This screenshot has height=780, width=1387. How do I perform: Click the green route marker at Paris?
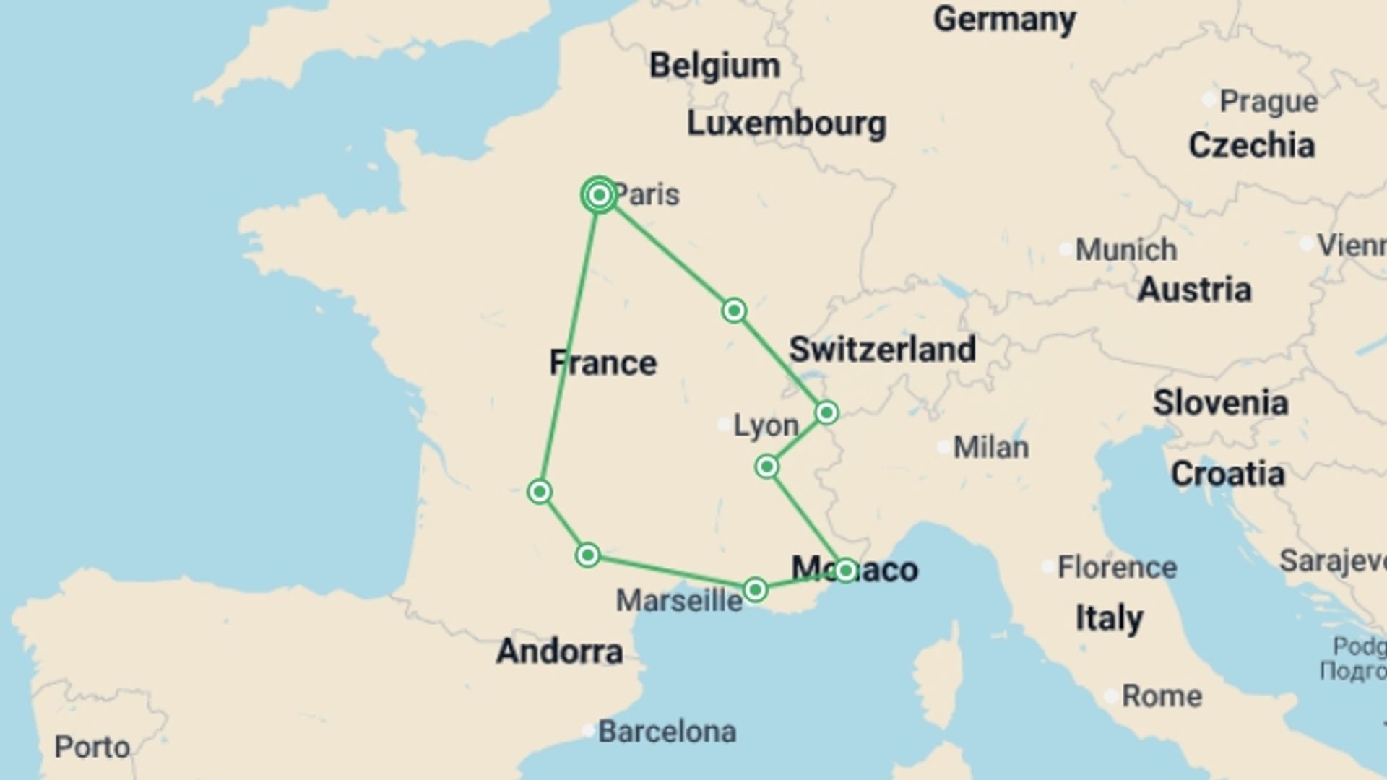point(599,195)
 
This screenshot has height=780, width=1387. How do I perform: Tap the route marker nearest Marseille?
point(755,590)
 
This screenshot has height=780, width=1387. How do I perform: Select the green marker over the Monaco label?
point(845,571)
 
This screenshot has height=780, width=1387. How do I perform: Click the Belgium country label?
point(714,66)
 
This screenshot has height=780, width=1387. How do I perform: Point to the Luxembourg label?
point(786,123)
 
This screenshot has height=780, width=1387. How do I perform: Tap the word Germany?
point(1004,19)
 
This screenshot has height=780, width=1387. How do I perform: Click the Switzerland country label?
point(882,350)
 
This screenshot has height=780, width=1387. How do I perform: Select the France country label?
point(603,363)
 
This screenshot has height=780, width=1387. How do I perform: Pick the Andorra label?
point(560,651)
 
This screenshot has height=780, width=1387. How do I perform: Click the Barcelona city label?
point(667,732)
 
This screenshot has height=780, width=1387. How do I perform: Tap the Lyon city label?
point(766,425)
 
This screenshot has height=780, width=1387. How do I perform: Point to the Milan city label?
point(990,448)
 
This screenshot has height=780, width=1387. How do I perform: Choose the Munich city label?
point(1125,250)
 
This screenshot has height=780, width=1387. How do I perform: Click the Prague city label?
point(1269,101)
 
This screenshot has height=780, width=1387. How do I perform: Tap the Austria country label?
point(1194,290)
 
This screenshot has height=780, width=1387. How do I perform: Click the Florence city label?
point(1117,568)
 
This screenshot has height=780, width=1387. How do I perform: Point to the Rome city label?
point(1162,696)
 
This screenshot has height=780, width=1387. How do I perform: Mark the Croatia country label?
point(1227,474)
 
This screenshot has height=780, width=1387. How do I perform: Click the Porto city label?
point(92,747)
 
